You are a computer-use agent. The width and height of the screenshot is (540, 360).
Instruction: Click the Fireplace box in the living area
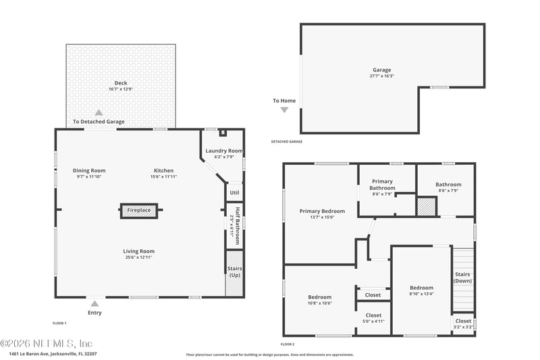point(139,211)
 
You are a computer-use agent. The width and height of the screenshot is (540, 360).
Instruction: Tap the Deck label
point(121,82)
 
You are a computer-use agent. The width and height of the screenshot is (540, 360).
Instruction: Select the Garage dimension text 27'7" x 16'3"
point(382,76)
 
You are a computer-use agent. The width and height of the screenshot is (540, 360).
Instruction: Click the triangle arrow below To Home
point(284,110)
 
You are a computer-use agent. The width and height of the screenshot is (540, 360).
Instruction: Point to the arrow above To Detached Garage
point(99,113)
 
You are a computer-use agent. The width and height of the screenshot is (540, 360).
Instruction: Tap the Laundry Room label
point(224,151)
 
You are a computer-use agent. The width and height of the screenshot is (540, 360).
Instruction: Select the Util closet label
point(234,192)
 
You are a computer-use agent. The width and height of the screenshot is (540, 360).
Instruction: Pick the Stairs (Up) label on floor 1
point(234,272)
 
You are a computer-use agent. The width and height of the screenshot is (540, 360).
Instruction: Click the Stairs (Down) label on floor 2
point(462,277)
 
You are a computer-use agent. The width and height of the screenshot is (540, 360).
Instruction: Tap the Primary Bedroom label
point(322,211)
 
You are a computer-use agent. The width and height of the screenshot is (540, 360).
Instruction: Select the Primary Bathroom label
point(381,184)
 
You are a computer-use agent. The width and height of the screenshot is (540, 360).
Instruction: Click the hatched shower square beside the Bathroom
point(426,207)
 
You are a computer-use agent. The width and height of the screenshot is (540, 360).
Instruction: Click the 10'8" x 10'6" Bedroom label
point(320,297)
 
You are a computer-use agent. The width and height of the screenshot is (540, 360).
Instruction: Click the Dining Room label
point(89,170)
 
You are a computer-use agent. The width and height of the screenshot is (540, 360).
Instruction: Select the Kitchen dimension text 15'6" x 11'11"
point(163,177)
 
